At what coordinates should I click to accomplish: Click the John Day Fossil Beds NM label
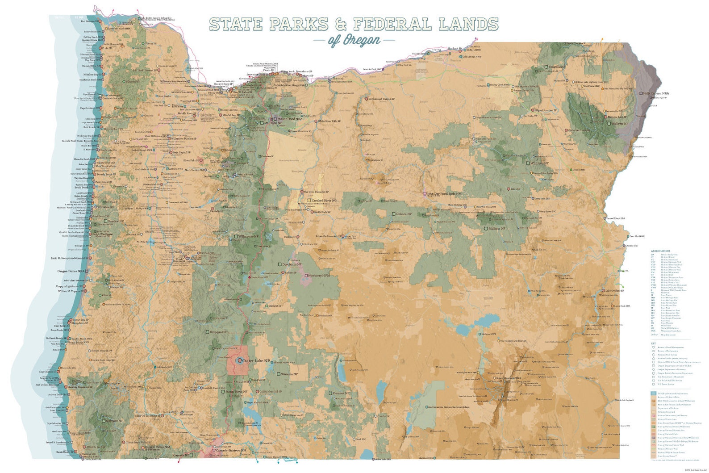tap(445, 193)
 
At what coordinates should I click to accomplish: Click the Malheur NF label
tap(496, 228)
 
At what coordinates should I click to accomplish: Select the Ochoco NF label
tap(404, 214)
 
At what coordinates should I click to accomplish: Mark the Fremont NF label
tap(341, 393)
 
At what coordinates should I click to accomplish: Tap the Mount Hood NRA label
tap(290, 119)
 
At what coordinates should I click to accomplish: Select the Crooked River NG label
tap(324, 201)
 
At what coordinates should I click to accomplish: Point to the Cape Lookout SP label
tap(89, 108)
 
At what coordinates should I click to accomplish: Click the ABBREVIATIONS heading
tap(660, 251)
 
